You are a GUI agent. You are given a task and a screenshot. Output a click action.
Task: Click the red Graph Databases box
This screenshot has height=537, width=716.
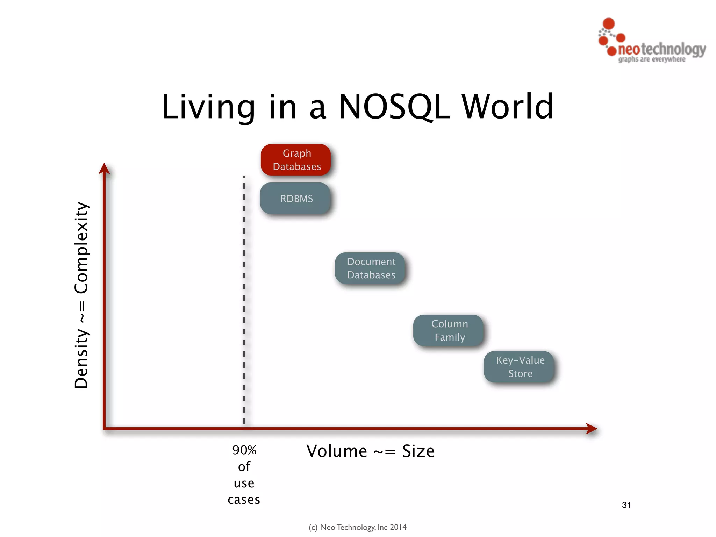296,160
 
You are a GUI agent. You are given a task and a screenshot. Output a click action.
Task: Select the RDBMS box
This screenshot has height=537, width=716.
295,198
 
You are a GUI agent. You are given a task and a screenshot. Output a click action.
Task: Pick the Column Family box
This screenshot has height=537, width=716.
449,330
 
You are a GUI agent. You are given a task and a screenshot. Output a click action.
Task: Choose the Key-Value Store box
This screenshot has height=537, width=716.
519,367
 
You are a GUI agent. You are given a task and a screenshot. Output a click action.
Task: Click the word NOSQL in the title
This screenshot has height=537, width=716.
394,107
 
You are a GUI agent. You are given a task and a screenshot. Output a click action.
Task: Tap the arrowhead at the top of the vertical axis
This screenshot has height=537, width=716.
104,168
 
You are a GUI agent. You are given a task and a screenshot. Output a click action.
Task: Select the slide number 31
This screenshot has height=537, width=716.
626,505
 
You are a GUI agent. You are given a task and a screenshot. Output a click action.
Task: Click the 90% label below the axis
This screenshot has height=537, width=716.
244,450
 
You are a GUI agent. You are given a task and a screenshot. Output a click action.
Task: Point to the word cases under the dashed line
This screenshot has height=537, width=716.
244,500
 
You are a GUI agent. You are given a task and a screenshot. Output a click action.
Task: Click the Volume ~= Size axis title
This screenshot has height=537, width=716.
370,451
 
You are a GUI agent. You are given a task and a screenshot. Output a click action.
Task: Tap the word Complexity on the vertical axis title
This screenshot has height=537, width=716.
81,248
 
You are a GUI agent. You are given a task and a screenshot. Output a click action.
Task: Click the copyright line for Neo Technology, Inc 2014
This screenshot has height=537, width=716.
358,527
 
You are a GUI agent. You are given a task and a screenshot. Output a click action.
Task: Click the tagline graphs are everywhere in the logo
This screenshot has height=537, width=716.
652,59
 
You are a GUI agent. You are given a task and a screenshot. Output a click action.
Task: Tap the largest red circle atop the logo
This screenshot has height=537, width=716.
609,23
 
